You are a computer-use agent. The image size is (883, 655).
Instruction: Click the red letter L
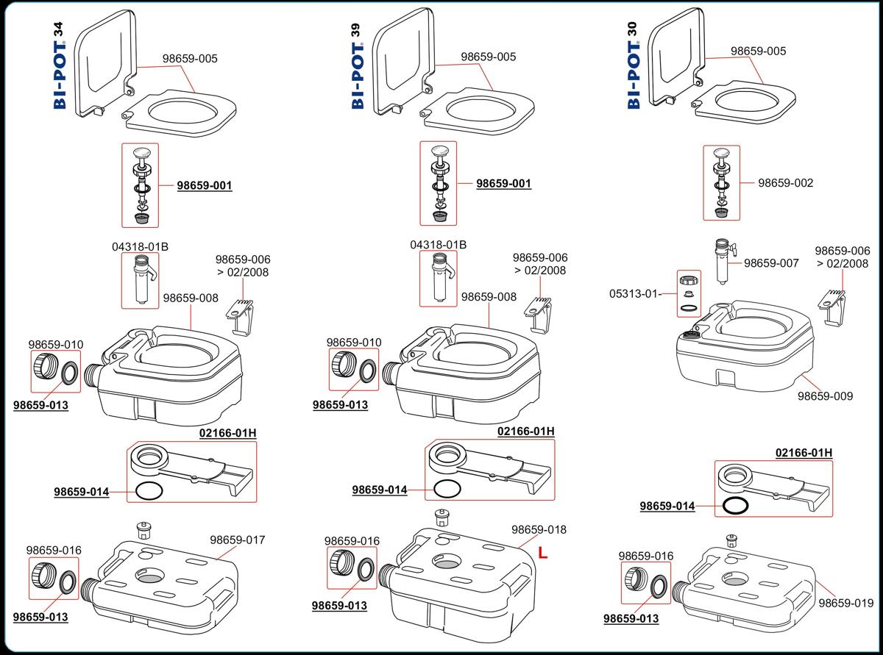point(542,553)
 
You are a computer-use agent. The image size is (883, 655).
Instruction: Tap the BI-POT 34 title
point(60,66)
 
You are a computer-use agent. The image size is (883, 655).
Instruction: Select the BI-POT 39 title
point(358,66)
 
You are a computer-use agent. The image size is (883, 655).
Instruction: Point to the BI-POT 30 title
point(634,66)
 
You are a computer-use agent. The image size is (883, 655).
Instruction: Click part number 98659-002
point(785,183)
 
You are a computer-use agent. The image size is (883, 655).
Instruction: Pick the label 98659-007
point(770,263)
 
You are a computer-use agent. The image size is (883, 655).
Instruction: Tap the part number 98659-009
point(826,396)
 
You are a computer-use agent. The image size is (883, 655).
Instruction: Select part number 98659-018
point(539,529)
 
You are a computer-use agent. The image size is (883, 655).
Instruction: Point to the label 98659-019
point(846,604)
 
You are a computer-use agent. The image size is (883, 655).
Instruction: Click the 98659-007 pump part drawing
point(721,261)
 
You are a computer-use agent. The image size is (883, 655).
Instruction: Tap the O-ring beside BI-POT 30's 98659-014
point(735,506)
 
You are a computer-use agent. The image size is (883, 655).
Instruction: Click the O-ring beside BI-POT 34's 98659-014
point(149,492)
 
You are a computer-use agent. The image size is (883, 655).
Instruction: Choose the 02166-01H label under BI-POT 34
point(227,433)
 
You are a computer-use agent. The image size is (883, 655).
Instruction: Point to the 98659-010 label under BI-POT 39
point(354,343)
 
